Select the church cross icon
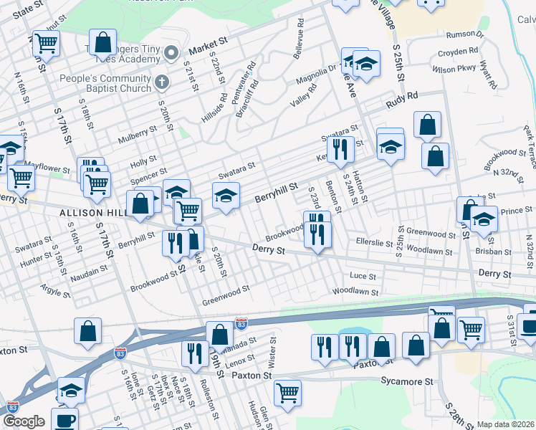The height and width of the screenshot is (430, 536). click(x=163, y=82)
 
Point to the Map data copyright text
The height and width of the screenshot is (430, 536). click(x=506, y=424)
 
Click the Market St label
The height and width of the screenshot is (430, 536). click(x=209, y=48)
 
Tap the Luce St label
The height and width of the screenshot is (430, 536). click(x=363, y=276)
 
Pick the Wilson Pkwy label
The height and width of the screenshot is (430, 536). click(x=454, y=70)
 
